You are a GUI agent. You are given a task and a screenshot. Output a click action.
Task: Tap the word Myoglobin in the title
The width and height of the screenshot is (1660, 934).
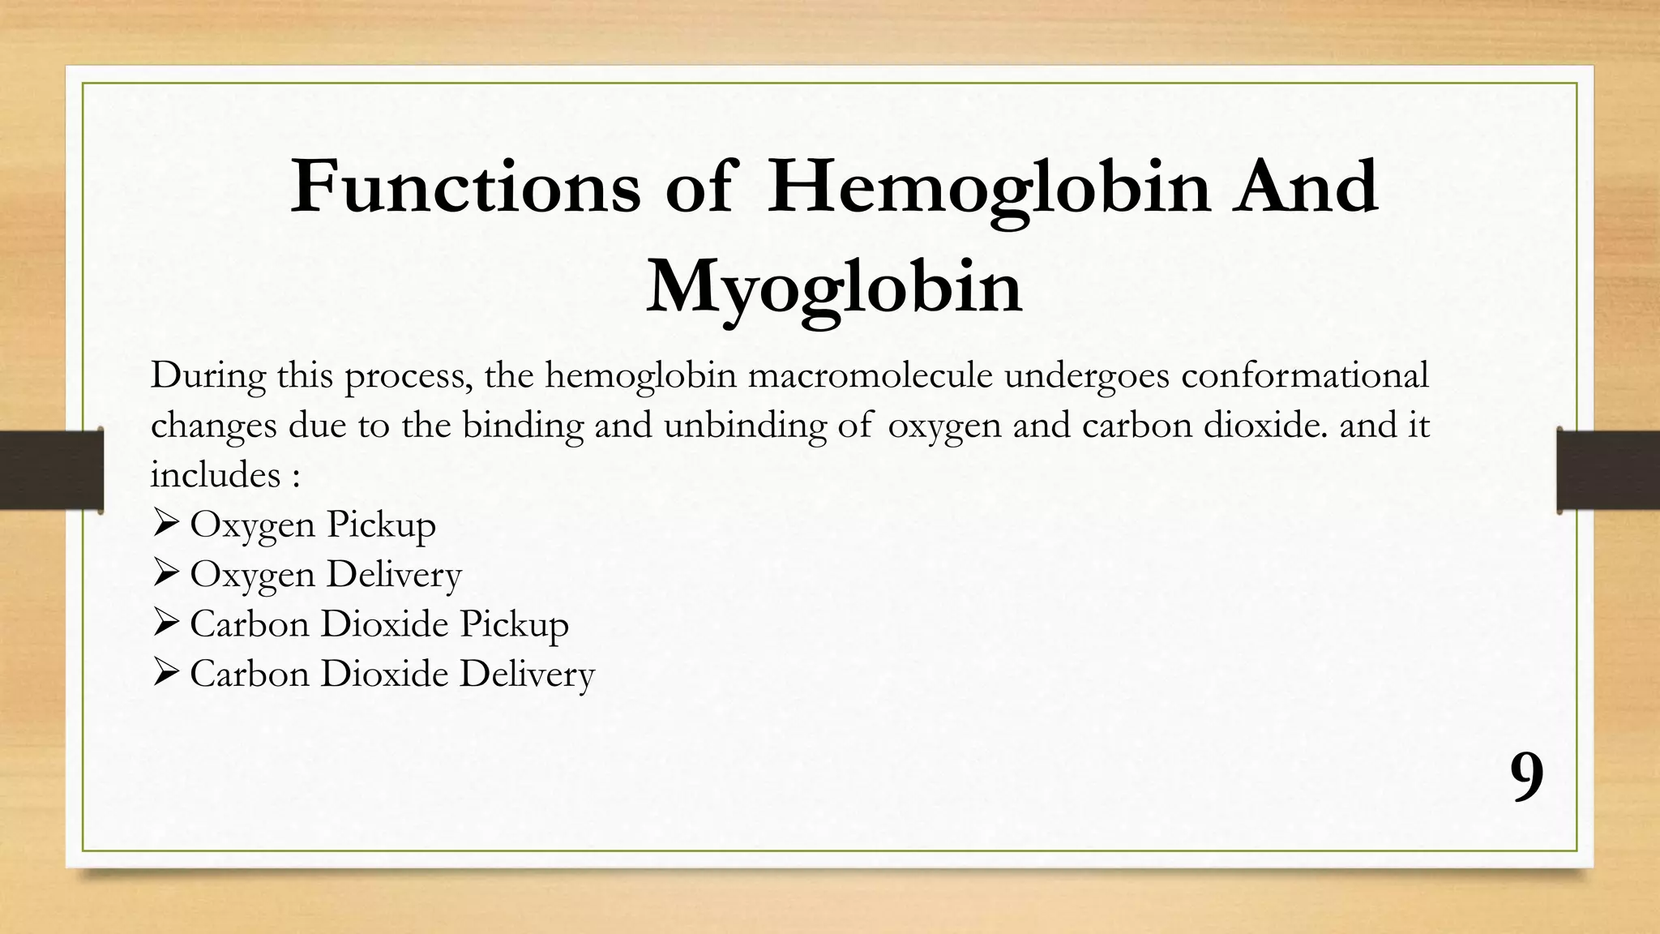834,287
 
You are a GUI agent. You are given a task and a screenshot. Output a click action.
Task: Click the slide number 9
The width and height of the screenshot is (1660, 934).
1527,778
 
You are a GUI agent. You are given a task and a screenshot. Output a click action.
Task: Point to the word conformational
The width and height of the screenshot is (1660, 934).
1304,376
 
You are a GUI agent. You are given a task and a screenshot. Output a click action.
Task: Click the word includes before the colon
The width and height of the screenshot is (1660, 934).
215,475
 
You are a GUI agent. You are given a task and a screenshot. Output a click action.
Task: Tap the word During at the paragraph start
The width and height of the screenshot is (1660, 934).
207,376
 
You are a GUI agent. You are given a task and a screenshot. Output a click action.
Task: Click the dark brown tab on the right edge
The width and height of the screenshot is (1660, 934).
1608,470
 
